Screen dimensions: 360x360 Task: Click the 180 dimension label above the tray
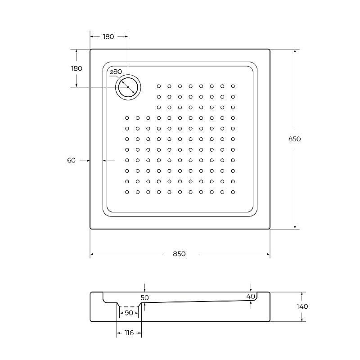click(x=108, y=36)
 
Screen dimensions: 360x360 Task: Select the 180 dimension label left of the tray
click(x=76, y=68)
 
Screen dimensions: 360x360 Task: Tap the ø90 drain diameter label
click(x=116, y=72)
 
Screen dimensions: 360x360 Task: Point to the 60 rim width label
click(x=71, y=160)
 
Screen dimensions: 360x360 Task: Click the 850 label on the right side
click(x=294, y=139)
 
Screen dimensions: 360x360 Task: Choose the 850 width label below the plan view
click(x=179, y=254)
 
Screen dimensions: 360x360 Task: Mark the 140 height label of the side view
click(x=302, y=306)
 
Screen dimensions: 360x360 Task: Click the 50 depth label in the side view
click(x=144, y=297)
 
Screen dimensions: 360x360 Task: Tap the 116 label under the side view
click(x=129, y=333)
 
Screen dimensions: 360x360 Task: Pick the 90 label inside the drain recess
click(x=129, y=313)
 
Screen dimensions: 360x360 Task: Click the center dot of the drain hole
click(x=128, y=87)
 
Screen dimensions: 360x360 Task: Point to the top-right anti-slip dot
click(x=233, y=86)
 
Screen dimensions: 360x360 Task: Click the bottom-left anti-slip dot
click(x=127, y=192)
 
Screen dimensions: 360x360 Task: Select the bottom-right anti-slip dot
click(x=233, y=192)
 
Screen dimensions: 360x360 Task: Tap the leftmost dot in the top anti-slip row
click(x=159, y=86)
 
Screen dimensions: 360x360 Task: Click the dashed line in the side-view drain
click(x=129, y=307)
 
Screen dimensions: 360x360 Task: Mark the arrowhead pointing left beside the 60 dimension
click(x=105, y=160)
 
